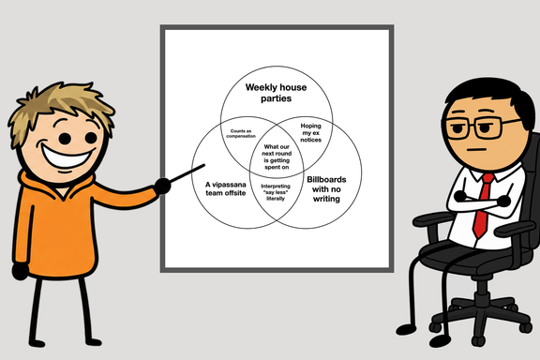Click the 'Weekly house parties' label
[276, 93]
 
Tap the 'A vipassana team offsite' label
[226, 188]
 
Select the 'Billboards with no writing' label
[326, 189]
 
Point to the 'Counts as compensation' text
[241, 133]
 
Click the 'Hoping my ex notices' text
[310, 132]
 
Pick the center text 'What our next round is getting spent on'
[277, 157]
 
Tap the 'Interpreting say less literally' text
[276, 192]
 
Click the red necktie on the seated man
[483, 206]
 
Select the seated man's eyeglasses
[480, 127]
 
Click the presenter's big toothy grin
[67, 156]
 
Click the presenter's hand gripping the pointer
[162, 187]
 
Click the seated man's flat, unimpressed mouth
[476, 150]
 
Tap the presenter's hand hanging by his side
[20, 271]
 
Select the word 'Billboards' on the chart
[326, 179]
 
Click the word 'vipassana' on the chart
[229, 185]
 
